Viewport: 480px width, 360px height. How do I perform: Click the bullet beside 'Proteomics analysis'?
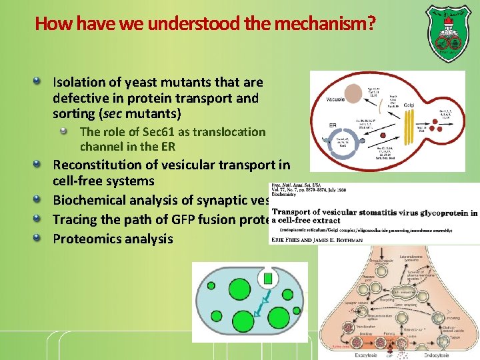(43, 238)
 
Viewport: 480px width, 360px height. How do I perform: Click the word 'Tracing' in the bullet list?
(75, 219)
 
